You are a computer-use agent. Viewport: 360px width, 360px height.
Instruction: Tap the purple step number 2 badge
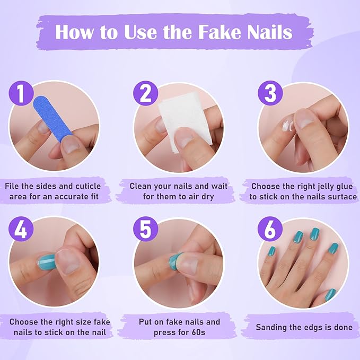145,94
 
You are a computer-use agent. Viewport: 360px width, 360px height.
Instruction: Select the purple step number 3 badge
270,93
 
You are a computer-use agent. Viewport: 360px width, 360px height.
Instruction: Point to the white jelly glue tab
287,126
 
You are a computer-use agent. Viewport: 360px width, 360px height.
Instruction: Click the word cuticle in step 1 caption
86,187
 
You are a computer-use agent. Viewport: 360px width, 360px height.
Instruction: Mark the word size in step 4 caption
79,322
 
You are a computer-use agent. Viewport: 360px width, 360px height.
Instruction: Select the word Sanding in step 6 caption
274,327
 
